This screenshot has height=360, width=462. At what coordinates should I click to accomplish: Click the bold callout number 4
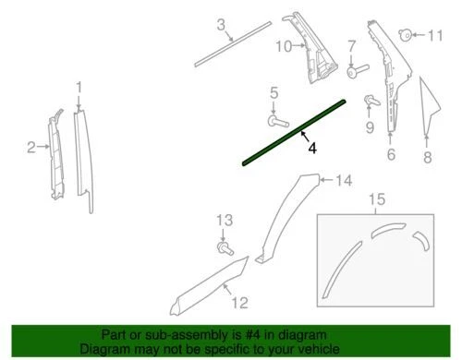coord(312,149)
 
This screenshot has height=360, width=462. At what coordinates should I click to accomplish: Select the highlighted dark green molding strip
coord(294,133)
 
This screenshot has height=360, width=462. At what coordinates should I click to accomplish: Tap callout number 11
coord(435,36)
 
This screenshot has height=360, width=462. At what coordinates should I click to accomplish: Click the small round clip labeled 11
coord(405,35)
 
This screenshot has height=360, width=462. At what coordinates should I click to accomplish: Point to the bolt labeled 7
coord(358,71)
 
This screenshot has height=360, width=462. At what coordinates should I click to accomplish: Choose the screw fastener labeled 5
coord(278,121)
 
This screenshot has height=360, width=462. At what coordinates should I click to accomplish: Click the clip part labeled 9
coord(371,101)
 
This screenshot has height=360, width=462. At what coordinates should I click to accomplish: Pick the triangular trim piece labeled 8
coord(430,106)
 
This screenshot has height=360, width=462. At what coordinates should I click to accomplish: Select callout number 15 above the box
coord(377,199)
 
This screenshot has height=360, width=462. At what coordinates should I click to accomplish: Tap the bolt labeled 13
coord(225,248)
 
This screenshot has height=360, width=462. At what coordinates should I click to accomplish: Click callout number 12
coord(240,303)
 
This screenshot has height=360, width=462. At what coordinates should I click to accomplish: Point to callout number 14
coord(344,180)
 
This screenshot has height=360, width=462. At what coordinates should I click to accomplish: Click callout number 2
coord(31,148)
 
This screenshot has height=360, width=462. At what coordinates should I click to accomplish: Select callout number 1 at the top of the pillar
coord(79,88)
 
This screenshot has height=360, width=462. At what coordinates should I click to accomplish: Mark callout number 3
coord(221,25)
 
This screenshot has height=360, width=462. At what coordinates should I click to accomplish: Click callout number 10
coord(284,46)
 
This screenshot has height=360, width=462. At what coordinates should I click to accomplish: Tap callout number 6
coord(391,154)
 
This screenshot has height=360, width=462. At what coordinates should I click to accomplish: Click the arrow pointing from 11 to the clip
coord(419,35)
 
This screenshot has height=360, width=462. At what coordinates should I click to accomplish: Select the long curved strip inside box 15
coord(342,270)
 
